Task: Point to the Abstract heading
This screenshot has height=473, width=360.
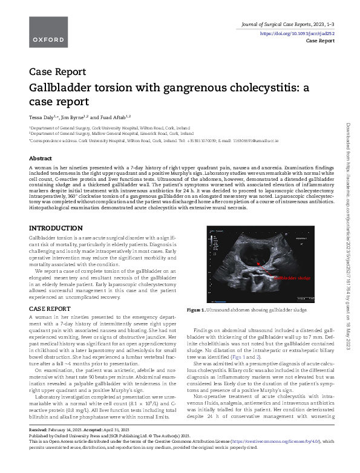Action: [41, 158]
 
